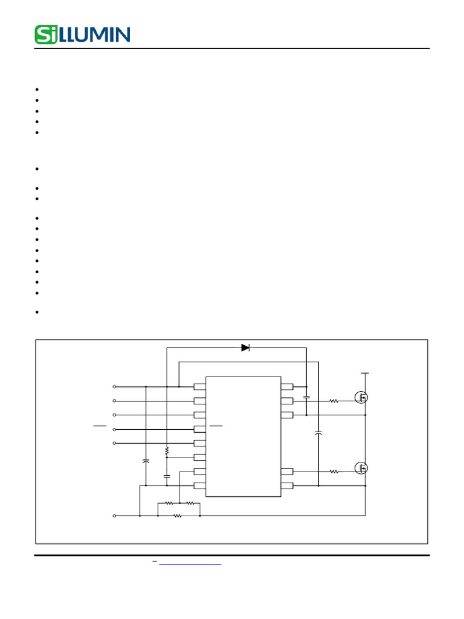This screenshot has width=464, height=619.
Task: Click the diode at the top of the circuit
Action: (x=245, y=348)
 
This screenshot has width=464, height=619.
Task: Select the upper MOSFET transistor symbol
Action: (x=361, y=397)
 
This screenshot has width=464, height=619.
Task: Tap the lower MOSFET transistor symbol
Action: (x=361, y=468)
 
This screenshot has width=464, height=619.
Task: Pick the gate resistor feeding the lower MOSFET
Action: (x=333, y=472)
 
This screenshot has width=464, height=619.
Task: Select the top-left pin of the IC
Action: (x=200, y=386)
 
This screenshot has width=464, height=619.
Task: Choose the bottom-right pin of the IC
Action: (x=287, y=485)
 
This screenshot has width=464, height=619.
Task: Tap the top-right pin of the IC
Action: (x=287, y=386)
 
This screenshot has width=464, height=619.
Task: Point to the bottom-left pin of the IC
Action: (x=200, y=485)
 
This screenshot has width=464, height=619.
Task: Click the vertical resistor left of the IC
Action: (x=166, y=451)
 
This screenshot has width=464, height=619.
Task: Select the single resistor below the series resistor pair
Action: (x=178, y=516)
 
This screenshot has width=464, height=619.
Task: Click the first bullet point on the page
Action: (x=37, y=89)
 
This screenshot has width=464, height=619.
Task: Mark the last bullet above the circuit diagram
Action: (x=37, y=313)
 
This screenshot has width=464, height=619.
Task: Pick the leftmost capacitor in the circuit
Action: (x=146, y=461)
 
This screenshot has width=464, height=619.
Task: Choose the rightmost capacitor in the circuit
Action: (x=318, y=433)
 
